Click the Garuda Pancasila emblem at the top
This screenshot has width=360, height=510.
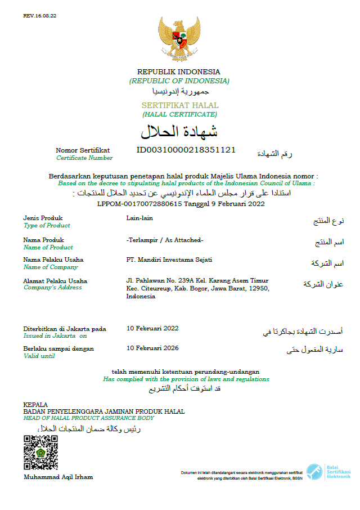coord(179,37)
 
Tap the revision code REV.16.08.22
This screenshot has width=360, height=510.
coord(40,16)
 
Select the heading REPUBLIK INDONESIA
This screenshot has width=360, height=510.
coord(179,71)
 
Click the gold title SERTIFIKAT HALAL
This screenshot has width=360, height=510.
coord(179,105)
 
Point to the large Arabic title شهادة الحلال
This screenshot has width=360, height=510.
coord(179,132)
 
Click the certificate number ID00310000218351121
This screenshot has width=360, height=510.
coord(186,150)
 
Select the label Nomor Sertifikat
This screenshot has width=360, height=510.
coord(83,150)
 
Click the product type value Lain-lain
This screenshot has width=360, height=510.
coord(139,218)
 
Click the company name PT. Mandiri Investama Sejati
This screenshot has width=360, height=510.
coord(169,260)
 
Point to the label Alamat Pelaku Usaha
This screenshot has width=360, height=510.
coord(55,281)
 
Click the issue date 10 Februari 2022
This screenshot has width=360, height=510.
coord(152,328)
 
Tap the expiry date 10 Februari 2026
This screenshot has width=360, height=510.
coord(152,348)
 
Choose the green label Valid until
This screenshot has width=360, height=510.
coord(39,356)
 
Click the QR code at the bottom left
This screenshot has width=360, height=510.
coord(40,452)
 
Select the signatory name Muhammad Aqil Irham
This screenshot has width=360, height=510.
coord(58,477)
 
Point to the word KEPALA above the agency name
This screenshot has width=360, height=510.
coord(35,405)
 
